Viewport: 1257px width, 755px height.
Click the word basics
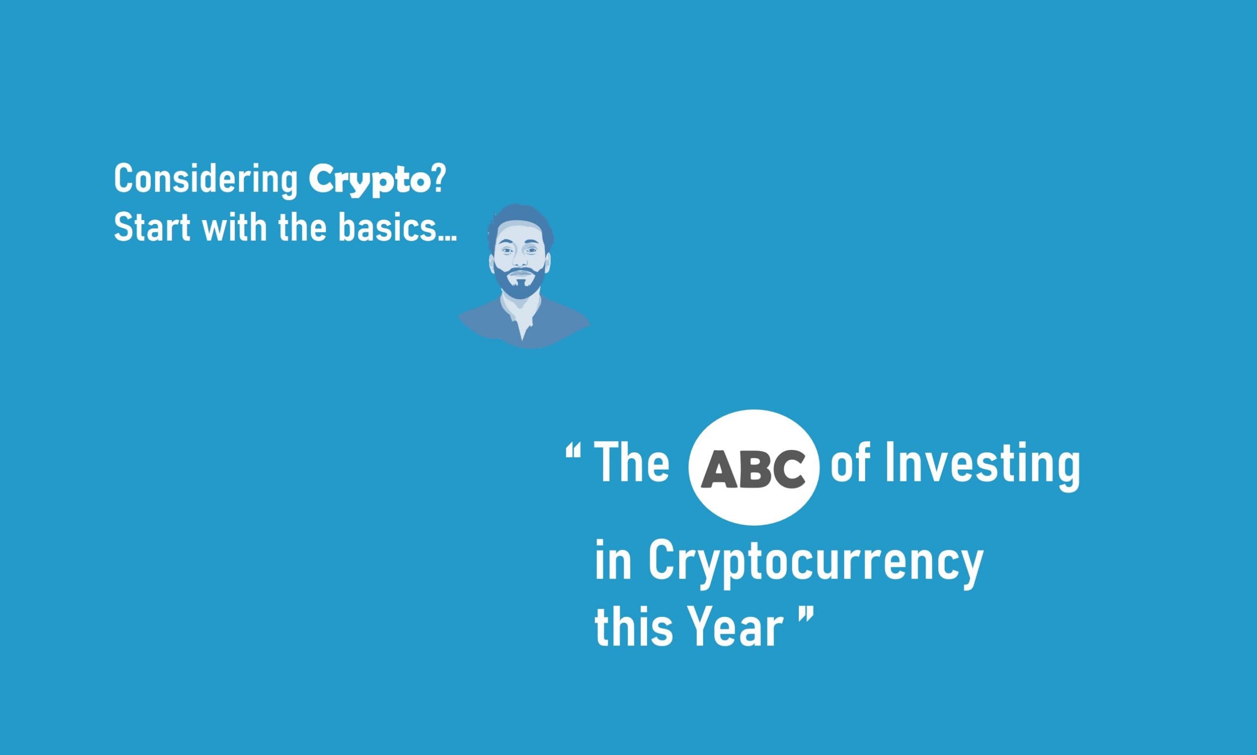tap(397, 227)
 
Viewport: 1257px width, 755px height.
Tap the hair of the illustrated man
tap(519, 224)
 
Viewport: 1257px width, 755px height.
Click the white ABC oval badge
tap(754, 467)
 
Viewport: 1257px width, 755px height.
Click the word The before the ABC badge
tap(631, 462)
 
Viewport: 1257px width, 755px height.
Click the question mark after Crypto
tap(438, 179)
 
